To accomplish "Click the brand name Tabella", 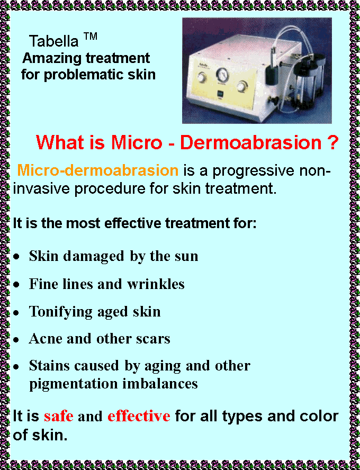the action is [53, 41].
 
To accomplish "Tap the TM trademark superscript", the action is [90, 37].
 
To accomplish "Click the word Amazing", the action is [53, 59].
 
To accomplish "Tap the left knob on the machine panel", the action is [202, 78].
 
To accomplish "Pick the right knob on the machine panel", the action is [241, 87].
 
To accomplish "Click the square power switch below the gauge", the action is [220, 94].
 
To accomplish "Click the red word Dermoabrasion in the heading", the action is [251, 143].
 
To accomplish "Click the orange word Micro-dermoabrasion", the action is [98, 170].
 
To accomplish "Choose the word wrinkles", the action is [156, 284].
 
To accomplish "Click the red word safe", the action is [59, 416].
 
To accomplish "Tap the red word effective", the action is [139, 416].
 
